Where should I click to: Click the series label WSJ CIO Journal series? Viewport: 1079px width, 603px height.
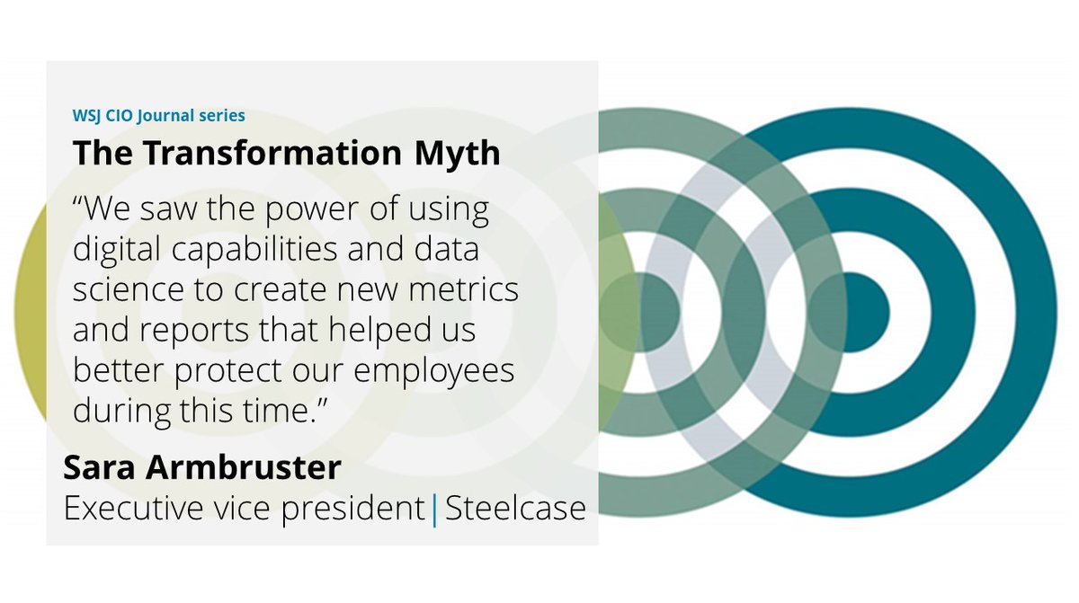[x=158, y=115]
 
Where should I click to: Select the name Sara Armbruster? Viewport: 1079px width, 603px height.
[x=202, y=468]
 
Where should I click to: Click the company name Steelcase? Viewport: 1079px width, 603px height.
[x=515, y=509]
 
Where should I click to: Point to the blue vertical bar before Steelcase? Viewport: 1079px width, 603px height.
[x=435, y=510]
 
